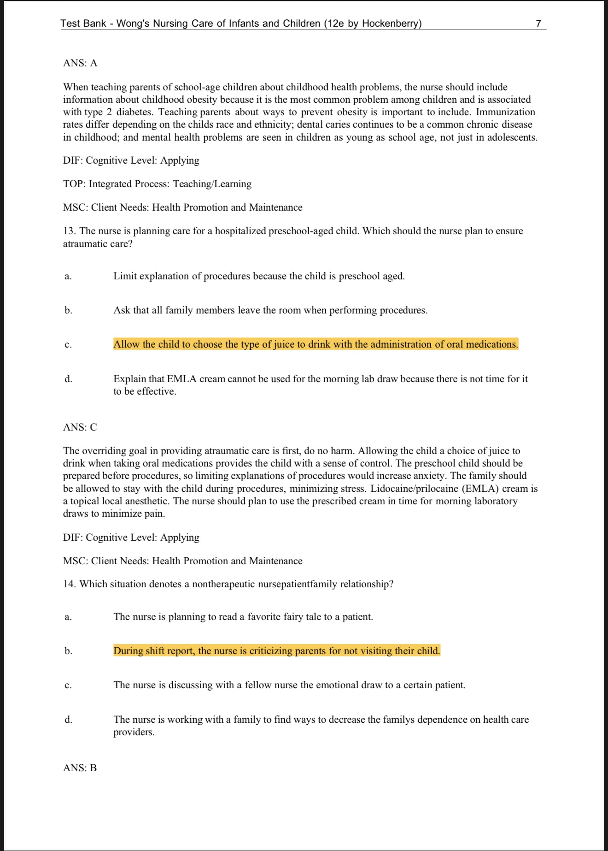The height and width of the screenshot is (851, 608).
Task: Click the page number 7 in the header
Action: coord(538,24)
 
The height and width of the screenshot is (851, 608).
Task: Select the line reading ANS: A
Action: coord(80,63)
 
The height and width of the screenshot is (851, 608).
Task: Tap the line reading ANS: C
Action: coord(80,427)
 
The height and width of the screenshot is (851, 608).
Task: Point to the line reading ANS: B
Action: coord(80,768)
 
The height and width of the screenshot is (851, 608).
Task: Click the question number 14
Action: coord(70,584)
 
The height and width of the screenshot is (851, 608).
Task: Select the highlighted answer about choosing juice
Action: coord(316,344)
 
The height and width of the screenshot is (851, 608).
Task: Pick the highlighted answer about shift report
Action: coord(276,651)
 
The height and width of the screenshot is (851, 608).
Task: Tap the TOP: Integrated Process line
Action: coord(157,184)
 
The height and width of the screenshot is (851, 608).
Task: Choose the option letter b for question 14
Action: coord(68,651)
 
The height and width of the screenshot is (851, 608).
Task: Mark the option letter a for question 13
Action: coord(68,277)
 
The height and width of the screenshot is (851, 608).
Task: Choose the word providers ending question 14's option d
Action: coord(134,733)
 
